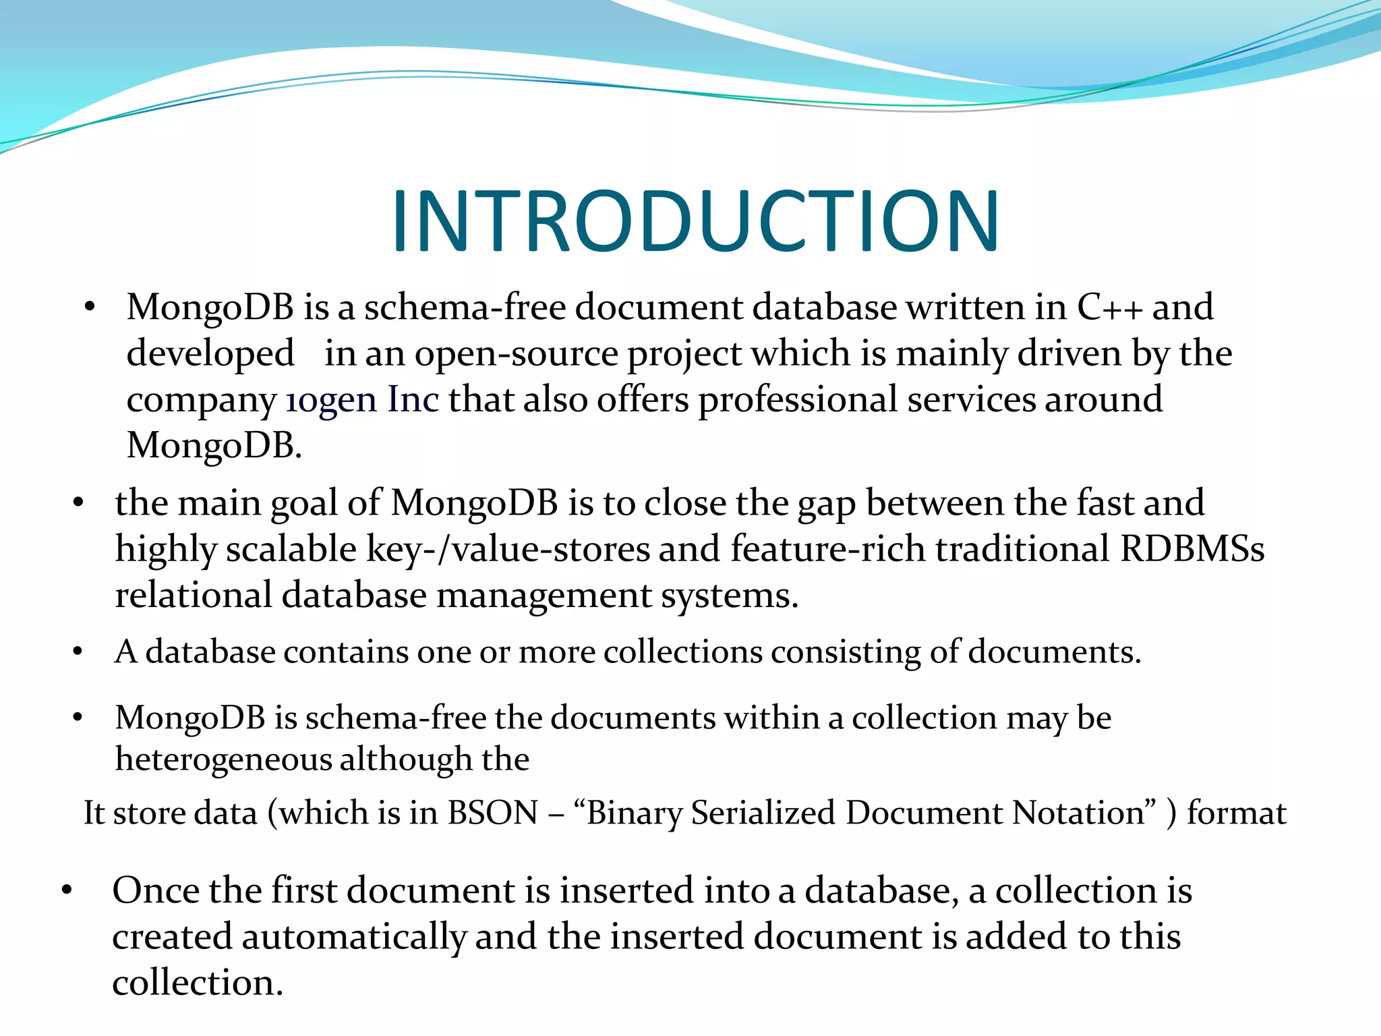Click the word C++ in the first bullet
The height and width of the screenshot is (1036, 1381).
1109,308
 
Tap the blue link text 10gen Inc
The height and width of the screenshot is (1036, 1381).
362,399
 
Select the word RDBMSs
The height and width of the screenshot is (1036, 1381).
1192,548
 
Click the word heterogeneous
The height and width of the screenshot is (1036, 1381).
223,759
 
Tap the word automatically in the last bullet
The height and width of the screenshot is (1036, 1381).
353,937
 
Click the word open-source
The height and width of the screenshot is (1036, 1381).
516,353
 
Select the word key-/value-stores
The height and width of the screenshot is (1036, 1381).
508,548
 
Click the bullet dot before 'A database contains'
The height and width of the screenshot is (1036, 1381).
78,652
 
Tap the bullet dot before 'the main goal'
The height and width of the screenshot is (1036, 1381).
78,503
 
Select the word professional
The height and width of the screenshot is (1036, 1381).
798,399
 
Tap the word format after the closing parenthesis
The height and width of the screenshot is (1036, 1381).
1237,813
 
